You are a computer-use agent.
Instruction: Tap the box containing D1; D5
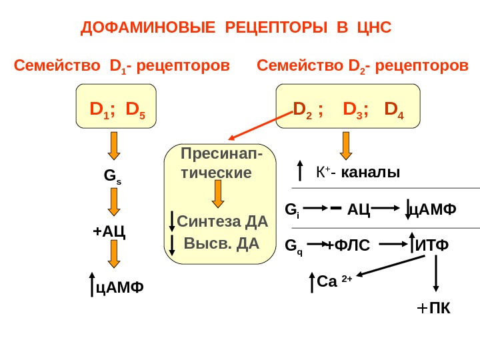click(116, 106)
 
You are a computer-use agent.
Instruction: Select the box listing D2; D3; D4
click(348, 106)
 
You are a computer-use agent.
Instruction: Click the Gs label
click(112, 177)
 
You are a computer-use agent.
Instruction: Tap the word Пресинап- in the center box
click(221, 155)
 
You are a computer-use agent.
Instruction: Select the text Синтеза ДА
click(223, 221)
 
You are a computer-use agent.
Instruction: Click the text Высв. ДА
click(221, 243)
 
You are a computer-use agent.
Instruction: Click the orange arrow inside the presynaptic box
click(218, 194)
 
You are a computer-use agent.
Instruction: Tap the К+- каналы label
click(358, 173)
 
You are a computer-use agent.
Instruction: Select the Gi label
click(292, 210)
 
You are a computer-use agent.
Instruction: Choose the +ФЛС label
click(348, 246)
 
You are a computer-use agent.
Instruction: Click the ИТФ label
click(432, 246)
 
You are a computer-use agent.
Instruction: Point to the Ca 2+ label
click(334, 281)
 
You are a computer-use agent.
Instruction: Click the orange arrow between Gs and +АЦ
click(114, 202)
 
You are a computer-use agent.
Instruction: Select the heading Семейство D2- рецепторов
click(363, 66)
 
